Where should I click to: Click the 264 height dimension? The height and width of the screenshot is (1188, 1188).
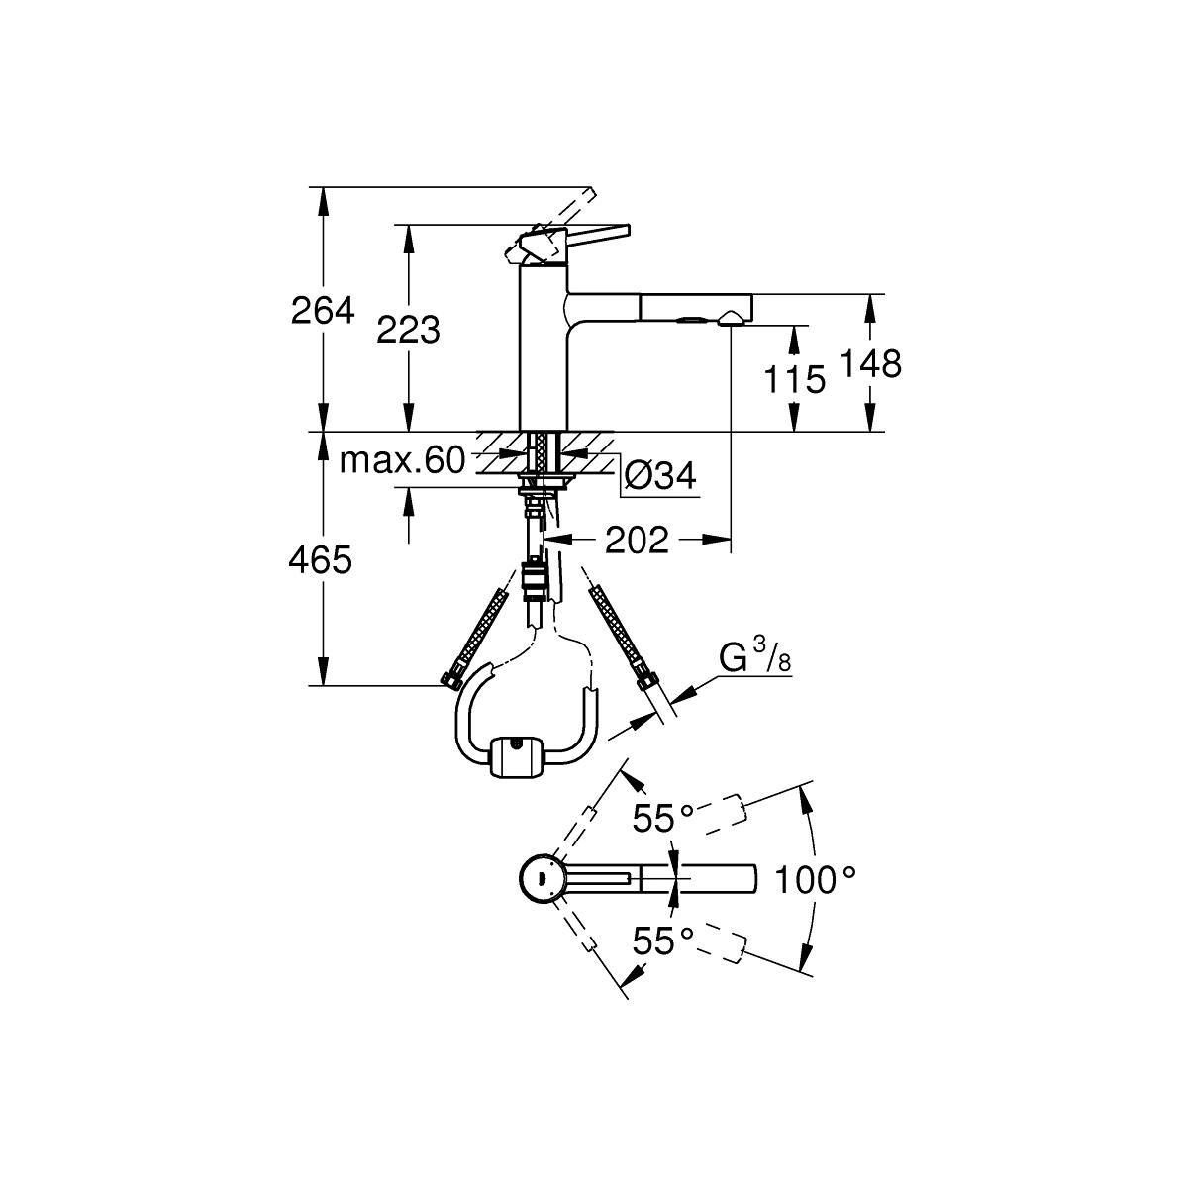[323, 310]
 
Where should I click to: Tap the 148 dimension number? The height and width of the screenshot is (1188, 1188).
[870, 363]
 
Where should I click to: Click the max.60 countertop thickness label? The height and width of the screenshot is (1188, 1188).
[401, 460]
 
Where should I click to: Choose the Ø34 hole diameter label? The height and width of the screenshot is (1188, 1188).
[659, 475]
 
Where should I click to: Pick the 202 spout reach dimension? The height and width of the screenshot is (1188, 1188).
[637, 540]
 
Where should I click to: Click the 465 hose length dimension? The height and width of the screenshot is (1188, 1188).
[321, 560]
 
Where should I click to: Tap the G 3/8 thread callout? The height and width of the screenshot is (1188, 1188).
[755, 660]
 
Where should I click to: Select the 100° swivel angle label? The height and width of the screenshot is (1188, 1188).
[815, 879]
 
